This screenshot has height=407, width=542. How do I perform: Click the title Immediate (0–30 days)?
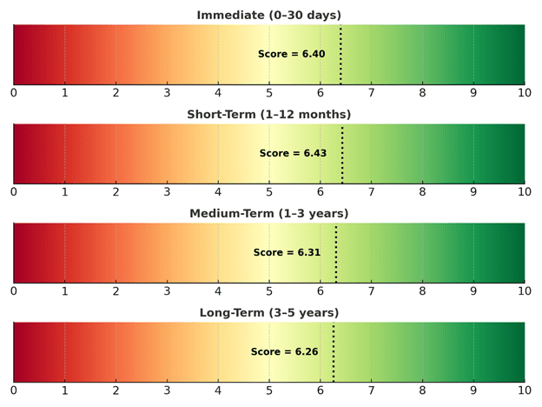[x=268, y=15]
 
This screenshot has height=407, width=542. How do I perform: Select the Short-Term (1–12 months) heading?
[x=268, y=114]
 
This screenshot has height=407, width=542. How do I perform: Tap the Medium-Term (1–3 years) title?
[x=268, y=213]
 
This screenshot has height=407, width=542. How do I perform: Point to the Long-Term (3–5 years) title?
[x=268, y=312]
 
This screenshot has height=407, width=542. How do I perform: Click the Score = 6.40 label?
[x=291, y=54]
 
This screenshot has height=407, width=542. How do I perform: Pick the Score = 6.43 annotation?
[x=293, y=153]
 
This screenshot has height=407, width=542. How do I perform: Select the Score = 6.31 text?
[x=287, y=252]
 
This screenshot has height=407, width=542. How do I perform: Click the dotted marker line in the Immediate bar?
[x=340, y=54]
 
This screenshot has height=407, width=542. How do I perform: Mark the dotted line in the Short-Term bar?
[x=342, y=153]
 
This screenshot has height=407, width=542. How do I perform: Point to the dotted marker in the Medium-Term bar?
[x=336, y=252]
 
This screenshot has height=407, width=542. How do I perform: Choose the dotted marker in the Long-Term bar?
[x=334, y=351]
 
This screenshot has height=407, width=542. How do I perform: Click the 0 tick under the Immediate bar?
[x=13, y=92]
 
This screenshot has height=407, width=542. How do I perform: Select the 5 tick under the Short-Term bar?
[x=269, y=191]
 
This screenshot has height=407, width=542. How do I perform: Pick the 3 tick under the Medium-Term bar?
[x=167, y=290]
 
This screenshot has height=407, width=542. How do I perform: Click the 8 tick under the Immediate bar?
[x=422, y=92]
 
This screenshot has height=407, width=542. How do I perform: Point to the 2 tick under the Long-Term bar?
[x=116, y=390]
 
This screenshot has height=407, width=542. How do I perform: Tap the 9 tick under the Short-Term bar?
[x=473, y=191]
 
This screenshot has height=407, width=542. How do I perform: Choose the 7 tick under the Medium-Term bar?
[x=371, y=290]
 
